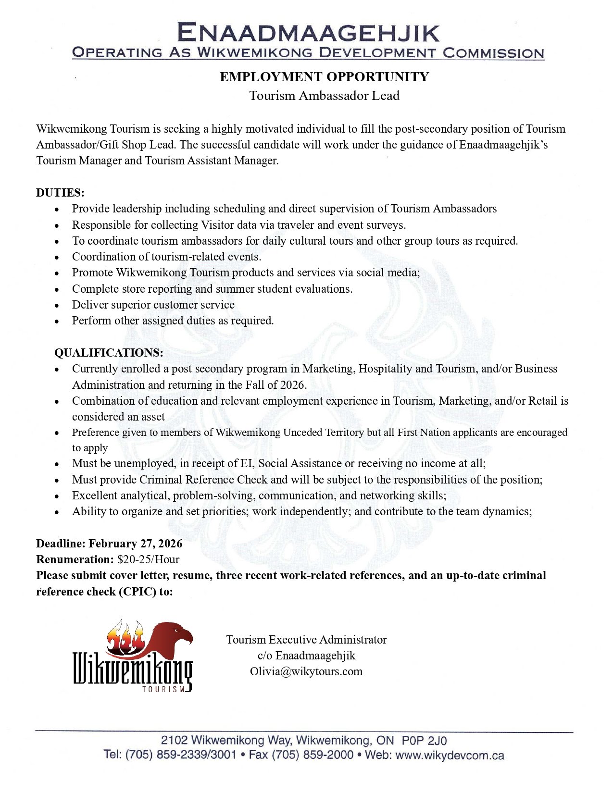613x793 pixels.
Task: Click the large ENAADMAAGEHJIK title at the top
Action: pos(308,33)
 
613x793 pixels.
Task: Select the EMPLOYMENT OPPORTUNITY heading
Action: pos(324,77)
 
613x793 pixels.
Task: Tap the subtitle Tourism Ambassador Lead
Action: pos(324,96)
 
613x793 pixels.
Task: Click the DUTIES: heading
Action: pos(60,193)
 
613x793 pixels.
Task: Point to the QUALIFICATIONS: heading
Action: pos(109,353)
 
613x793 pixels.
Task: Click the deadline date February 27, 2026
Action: pos(136,544)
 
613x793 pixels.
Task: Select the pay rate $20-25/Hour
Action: pos(148,559)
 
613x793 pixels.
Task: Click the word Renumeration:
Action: pos(75,559)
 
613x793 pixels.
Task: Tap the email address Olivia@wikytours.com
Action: pos(306,671)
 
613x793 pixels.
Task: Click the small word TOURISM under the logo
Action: pos(163,689)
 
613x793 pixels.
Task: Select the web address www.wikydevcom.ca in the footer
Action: pos(450,755)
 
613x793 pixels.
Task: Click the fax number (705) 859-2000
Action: pos(313,755)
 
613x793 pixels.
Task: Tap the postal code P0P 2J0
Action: pos(425,740)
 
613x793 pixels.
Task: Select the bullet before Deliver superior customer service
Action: pos(57,305)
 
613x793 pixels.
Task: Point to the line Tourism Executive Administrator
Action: pos(306,640)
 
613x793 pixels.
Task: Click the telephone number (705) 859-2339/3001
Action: pos(181,755)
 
